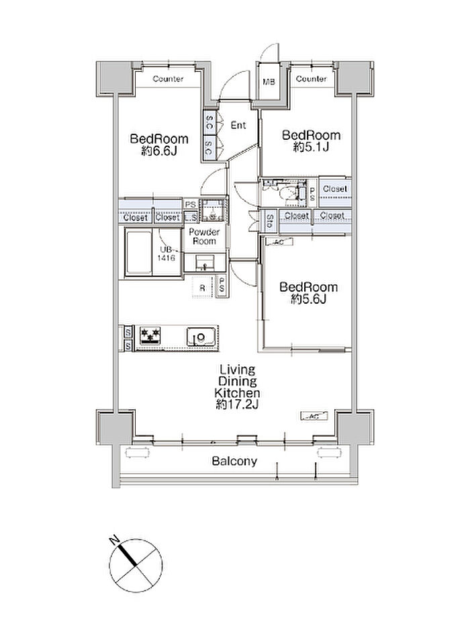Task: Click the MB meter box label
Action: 269,82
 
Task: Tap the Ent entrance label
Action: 238,125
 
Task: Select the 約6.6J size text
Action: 159,151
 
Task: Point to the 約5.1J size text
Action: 311,147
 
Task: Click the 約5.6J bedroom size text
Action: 308,299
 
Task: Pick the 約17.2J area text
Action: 238,404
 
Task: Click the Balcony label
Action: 234,462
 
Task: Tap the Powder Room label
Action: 204,237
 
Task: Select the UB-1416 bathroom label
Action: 167,253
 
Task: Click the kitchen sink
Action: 201,337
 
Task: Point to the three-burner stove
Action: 150,336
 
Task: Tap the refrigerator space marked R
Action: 202,287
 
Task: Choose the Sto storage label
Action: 270,222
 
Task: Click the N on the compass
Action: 114,540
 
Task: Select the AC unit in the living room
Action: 314,416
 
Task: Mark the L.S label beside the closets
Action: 191,218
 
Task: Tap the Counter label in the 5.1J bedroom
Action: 311,79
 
